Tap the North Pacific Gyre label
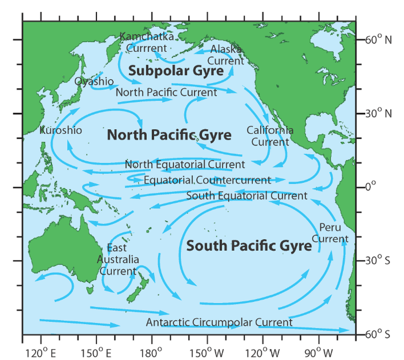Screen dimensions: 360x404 pyautogui.click(x=169, y=135)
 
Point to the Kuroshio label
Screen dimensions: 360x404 pyautogui.click(x=61, y=130)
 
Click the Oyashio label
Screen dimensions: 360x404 pyautogui.click(x=94, y=81)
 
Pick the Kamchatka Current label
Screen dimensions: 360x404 pyautogui.click(x=147, y=42)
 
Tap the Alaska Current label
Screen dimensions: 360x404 pyautogui.click(x=226, y=55)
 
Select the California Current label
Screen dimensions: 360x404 pyautogui.click(x=270, y=136)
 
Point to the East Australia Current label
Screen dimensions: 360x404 pyautogui.click(x=118, y=259)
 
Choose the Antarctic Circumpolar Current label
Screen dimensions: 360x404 pyautogui.click(x=219, y=322)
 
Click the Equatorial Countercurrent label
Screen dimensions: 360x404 pyautogui.click(x=207, y=180)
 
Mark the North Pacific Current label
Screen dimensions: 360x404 pyautogui.click(x=166, y=93)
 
